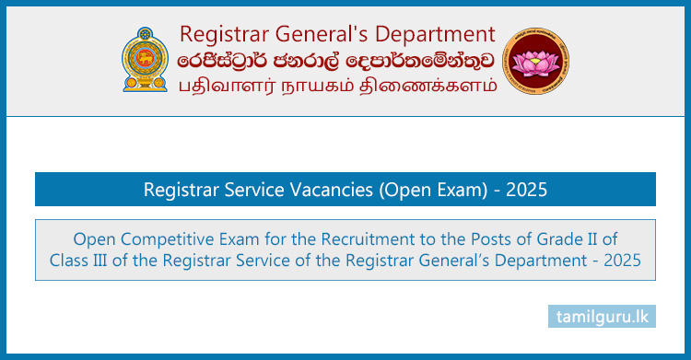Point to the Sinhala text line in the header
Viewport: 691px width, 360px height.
pyautogui.click(x=338, y=60)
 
